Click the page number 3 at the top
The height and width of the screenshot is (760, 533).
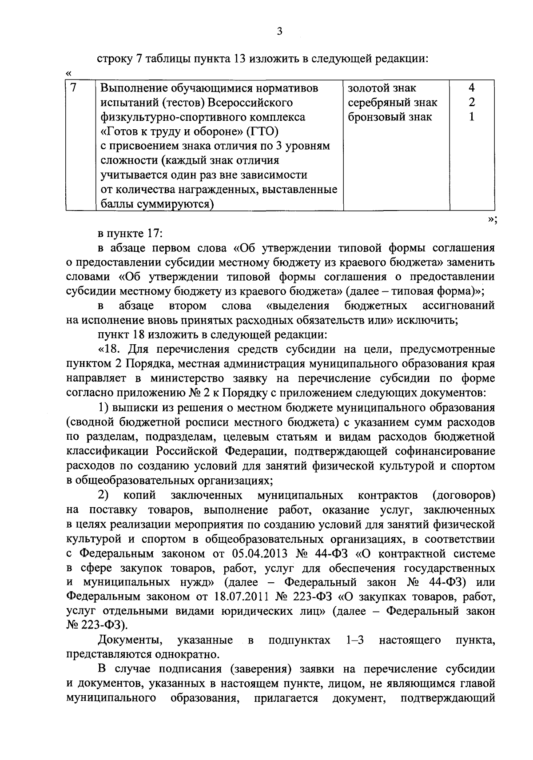(279, 31)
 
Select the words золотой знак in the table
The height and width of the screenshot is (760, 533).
(382, 88)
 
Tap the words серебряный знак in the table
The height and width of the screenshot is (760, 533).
(392, 103)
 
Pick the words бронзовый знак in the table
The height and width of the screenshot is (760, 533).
(390, 118)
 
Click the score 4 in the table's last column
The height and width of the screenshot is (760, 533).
(472, 88)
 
